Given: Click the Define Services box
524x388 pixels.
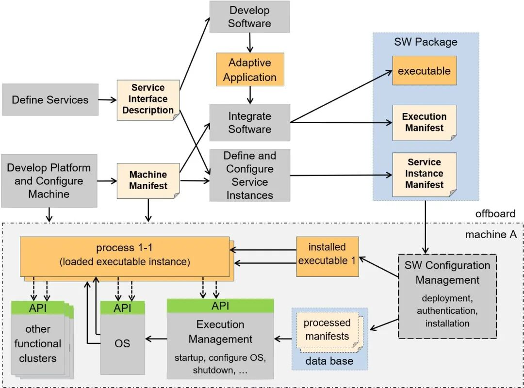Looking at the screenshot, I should pos(50,100).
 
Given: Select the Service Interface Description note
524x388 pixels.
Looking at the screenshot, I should pos(148,99).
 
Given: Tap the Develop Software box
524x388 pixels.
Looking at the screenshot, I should pos(249,17).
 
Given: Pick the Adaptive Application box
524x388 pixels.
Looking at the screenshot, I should pos(249,70).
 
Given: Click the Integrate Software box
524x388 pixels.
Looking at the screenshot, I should pos(249,123).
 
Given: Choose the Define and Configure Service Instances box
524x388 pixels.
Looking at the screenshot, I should pos(249,175).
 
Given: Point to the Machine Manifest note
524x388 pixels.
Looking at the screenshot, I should pos(148,180).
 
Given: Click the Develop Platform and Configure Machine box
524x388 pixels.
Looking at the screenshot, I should pos(49,181).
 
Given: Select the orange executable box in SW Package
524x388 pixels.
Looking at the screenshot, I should pos(424,71).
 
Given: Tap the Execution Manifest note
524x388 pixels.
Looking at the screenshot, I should pos(424,122).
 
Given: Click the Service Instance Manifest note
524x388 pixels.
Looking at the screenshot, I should pos(424,174).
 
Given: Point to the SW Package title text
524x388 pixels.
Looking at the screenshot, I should pos(426,42).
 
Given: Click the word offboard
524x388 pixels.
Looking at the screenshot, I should pos(495,214).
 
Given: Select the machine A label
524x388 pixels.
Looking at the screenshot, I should pos(491,235).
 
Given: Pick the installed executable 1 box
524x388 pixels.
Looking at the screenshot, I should pos(327,254).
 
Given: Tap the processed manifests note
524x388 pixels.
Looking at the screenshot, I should pos(327,330).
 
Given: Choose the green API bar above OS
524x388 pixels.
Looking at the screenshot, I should pos(122,308).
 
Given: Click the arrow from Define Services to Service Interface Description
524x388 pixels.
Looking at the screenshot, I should pos(107,100).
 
